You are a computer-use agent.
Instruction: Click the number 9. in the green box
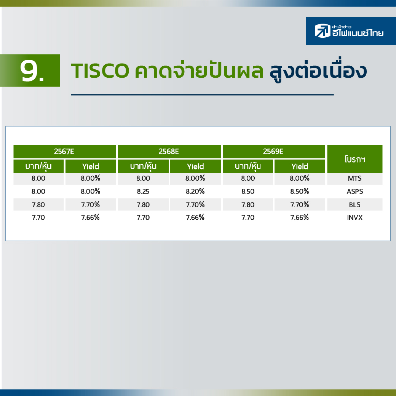[x=32, y=70]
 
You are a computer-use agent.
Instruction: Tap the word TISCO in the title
[x=100, y=71]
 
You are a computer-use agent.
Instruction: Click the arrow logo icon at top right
[x=323, y=30]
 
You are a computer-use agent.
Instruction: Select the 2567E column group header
[x=64, y=152]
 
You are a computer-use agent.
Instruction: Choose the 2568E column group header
[x=169, y=152]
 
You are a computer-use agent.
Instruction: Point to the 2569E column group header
[x=274, y=152]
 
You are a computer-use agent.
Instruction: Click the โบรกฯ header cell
[x=355, y=159]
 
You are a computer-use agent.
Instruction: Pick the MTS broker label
[x=354, y=179]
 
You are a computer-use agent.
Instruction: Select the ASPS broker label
[x=355, y=192]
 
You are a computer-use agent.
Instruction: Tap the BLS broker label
[x=354, y=204]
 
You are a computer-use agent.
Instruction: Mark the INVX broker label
[x=354, y=218]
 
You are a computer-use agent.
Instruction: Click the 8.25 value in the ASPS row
[x=143, y=192]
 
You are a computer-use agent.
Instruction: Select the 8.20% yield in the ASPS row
[x=195, y=192]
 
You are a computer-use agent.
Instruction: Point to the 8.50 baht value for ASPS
[x=248, y=192]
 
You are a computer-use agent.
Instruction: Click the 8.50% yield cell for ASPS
[x=300, y=192]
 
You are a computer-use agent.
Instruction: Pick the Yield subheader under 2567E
[x=91, y=166]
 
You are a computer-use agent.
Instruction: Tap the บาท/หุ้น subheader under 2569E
[x=248, y=166]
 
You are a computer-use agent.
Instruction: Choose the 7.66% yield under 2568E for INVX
[x=195, y=217]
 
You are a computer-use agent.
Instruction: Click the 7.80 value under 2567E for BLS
[x=38, y=204]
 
